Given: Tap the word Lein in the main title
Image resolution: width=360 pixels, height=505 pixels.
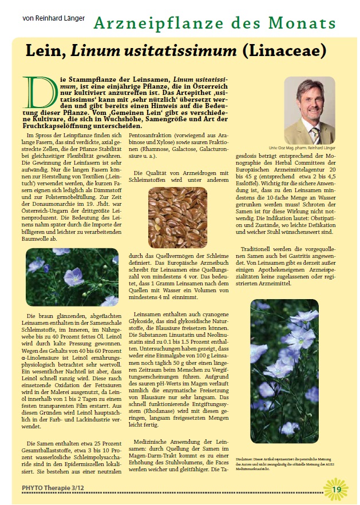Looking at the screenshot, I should coord(46,51).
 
